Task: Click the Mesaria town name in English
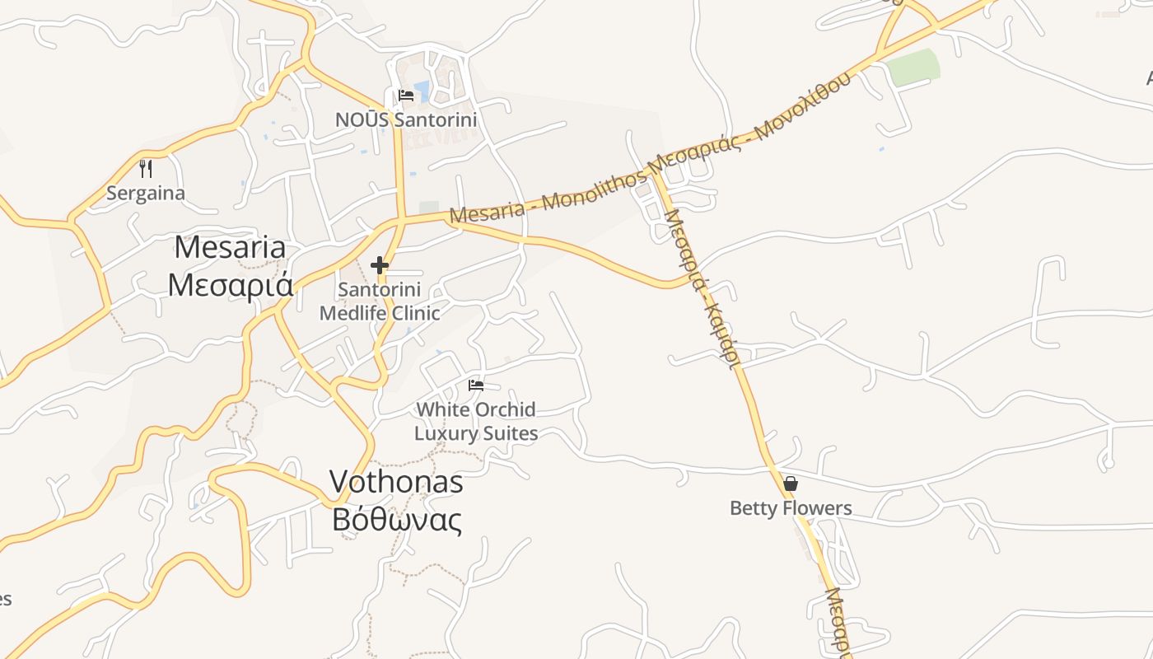point(230,247)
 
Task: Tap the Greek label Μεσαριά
point(230,284)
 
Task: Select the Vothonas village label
point(396,482)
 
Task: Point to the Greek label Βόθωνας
point(396,519)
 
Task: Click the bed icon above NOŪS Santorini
point(406,96)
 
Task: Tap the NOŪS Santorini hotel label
point(406,119)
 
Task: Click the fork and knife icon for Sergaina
point(146,169)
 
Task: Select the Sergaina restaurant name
point(146,194)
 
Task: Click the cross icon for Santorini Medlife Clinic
point(379,265)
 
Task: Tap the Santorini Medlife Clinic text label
point(380,301)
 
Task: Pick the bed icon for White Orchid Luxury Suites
point(476,385)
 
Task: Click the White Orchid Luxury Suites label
point(476,421)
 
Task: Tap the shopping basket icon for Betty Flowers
point(791,484)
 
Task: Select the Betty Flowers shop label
point(791,508)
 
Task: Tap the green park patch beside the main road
point(914,68)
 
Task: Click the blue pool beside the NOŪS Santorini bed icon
point(422,90)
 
